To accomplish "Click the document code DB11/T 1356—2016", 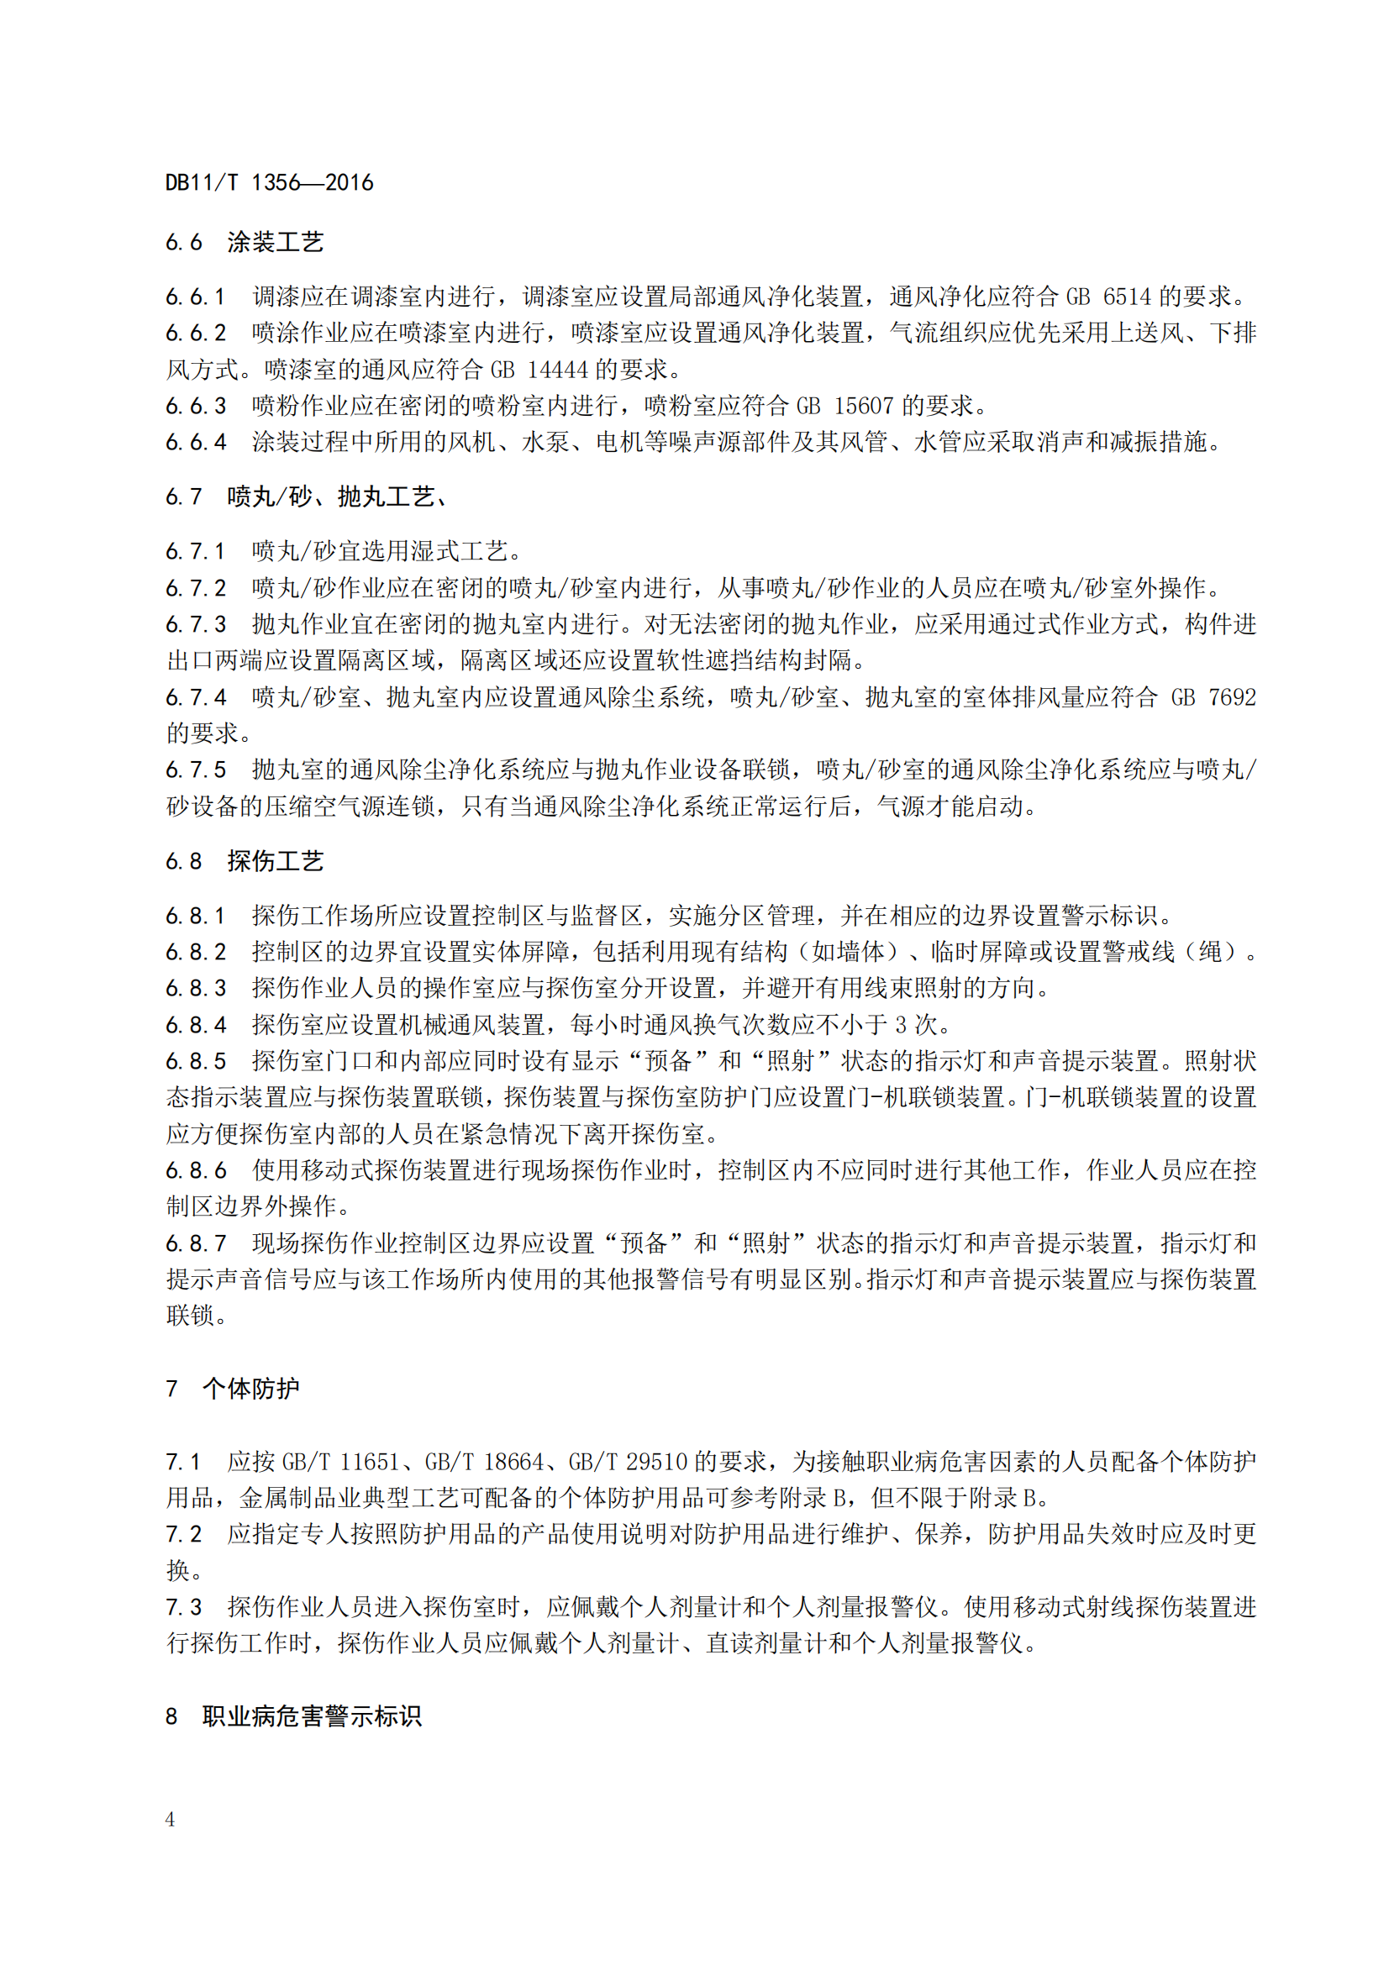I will coord(269,182).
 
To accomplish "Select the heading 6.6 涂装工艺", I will coord(244,242).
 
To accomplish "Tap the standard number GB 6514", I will coord(1108,297).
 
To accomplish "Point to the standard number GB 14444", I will coord(539,370).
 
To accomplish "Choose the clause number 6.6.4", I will coord(196,443).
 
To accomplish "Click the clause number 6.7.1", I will coord(196,551).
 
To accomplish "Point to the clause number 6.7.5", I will coord(196,770).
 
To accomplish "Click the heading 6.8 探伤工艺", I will coord(244,861).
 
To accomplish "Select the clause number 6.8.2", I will coord(196,952).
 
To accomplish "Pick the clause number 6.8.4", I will coord(196,1024).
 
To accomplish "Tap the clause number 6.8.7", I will coord(196,1243).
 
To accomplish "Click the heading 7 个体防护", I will coord(232,1388).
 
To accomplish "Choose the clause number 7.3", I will coord(184,1607).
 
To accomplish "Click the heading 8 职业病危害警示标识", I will coord(292,1716).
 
